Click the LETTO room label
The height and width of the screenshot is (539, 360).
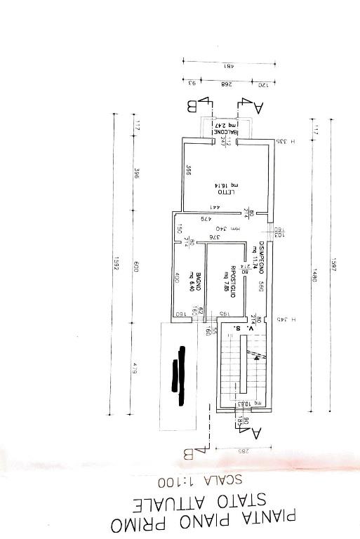click(221, 192)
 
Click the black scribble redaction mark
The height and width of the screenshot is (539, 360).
click(179, 368)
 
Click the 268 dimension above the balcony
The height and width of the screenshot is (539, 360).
click(226, 84)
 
